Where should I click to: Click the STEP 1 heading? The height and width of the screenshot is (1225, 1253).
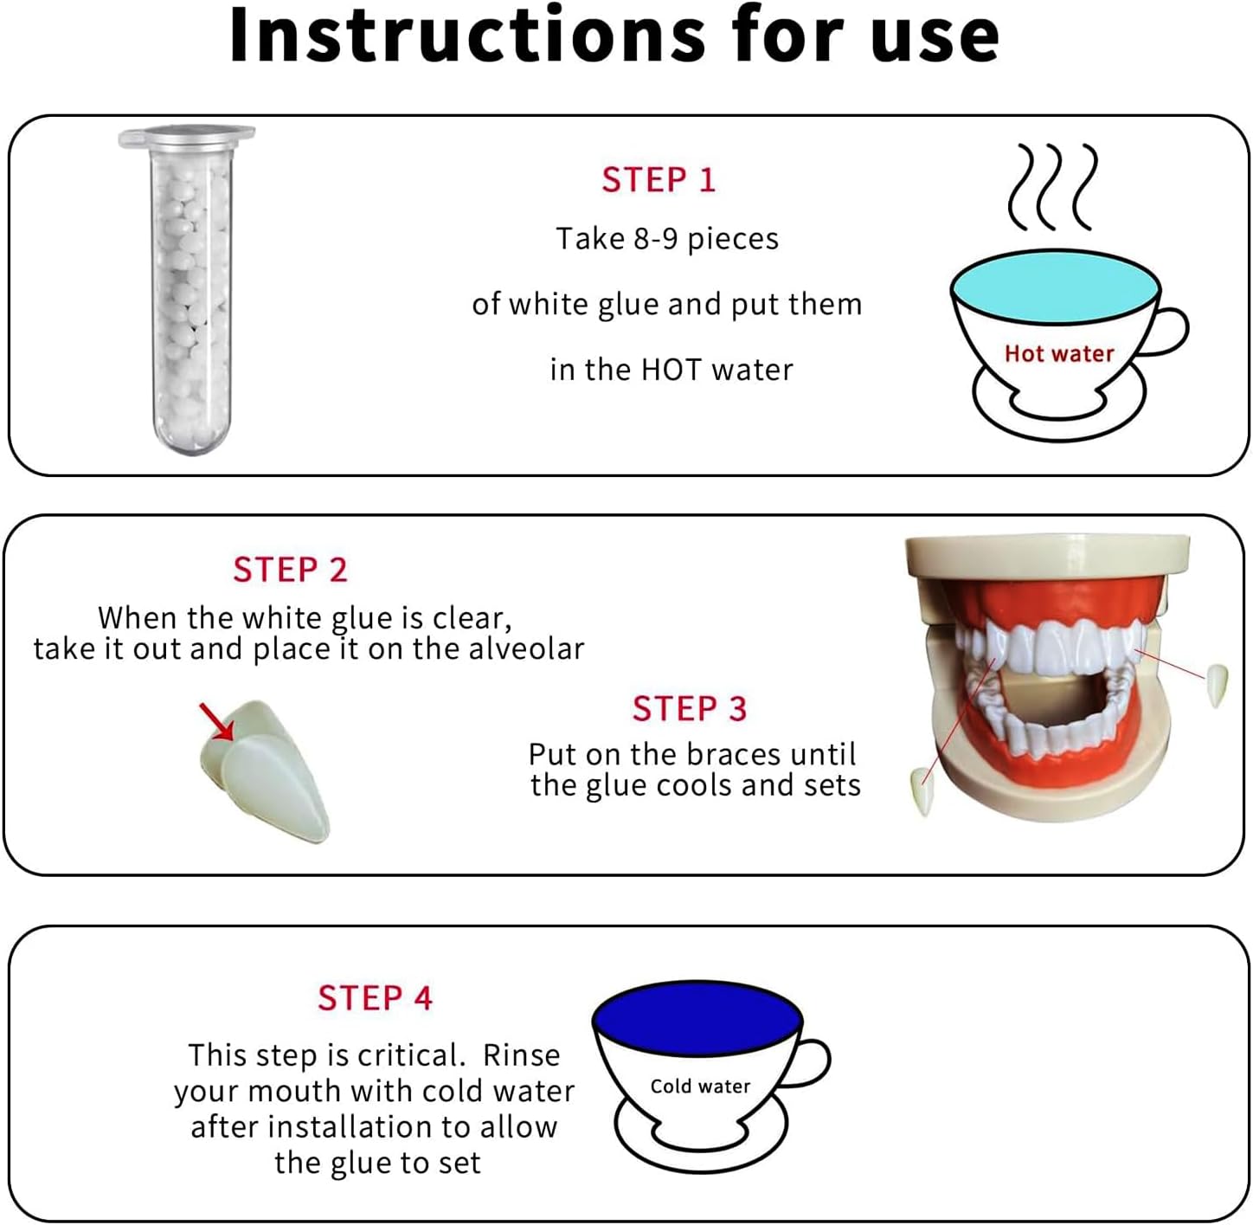point(658,180)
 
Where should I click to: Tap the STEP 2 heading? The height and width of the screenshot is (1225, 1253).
point(291,570)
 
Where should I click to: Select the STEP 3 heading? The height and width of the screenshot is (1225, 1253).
point(689,708)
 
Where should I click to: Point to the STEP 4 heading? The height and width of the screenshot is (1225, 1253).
point(375,998)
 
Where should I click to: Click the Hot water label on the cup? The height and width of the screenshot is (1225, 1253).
point(1059,353)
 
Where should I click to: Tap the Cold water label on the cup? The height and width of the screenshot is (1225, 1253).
point(700,1086)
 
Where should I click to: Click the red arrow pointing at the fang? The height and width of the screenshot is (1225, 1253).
point(216,722)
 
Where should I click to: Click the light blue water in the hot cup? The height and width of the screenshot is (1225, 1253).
point(1056,286)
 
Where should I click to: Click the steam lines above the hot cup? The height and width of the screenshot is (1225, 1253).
point(1053,187)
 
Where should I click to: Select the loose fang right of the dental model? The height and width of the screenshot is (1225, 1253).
point(1217,686)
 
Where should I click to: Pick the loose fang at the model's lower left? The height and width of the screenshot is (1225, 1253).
point(922,791)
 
